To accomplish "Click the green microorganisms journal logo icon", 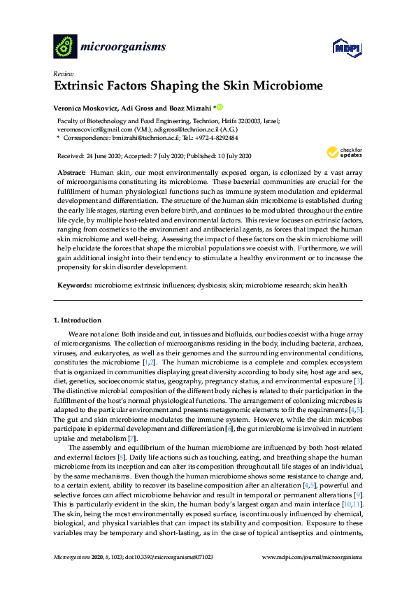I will pos(64,47).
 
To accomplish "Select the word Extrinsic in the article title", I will pos(82,87).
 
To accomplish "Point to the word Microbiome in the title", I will pos(289,87).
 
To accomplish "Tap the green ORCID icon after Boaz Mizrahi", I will pos(219,107).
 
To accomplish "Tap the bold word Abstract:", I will pos(72,172).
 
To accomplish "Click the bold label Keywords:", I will pos(74,286).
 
